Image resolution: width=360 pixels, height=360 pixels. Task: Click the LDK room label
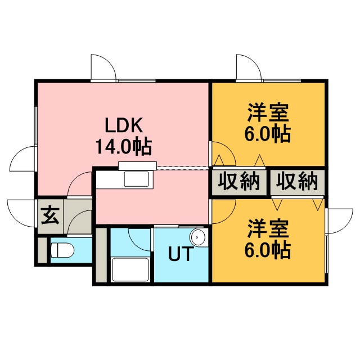124,125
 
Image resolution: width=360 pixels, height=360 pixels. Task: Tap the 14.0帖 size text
124,147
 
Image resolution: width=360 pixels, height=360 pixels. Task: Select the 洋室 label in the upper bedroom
268,112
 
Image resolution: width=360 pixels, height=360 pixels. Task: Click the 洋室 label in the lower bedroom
268,229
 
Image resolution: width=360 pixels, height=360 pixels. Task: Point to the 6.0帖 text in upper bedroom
268,134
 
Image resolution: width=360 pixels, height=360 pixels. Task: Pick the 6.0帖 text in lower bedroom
268,250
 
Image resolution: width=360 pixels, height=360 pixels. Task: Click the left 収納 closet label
238,182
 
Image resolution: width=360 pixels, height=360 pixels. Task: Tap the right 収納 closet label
297,182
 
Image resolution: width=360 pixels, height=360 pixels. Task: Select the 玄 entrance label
50,215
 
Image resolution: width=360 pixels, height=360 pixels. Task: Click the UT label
180,254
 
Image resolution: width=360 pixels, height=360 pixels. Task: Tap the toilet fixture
62,250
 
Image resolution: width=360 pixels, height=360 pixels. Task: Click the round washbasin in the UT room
197,237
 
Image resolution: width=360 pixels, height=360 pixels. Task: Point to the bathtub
130,269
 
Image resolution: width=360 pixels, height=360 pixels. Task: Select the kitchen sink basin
136,179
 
